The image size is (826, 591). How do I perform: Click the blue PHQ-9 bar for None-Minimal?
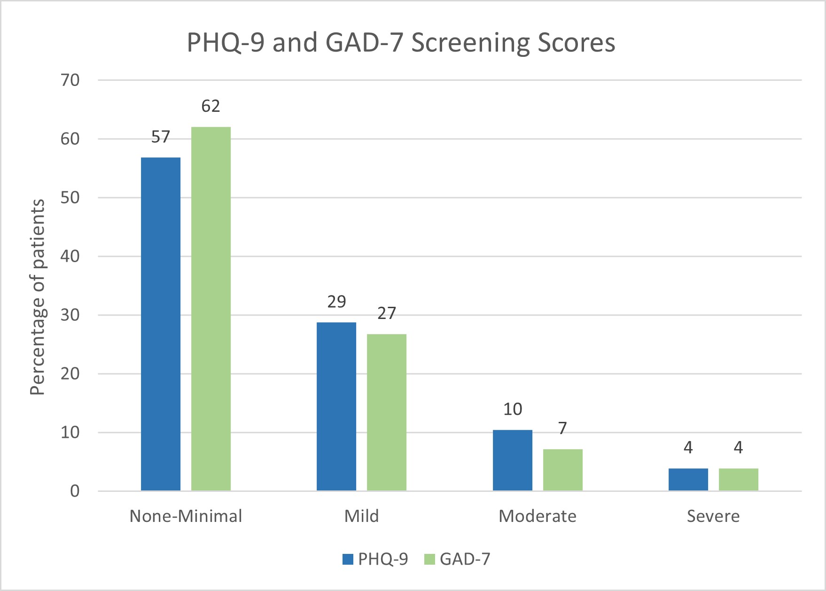coord(161,324)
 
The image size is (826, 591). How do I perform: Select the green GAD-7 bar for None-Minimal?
coord(211,309)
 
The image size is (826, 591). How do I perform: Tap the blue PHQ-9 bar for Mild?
coord(336,406)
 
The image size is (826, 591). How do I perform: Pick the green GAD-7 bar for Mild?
coord(387,412)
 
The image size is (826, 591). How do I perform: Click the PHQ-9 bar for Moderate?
coord(513,460)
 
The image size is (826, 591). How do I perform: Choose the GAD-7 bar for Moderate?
coord(563,470)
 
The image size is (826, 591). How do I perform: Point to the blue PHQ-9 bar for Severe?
coord(688,480)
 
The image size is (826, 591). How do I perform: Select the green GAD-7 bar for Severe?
coord(739,480)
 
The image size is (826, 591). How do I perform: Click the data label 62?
coord(210,106)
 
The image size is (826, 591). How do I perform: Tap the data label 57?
coord(160,137)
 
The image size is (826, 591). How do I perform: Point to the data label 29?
coord(336,302)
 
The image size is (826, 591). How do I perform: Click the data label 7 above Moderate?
coord(562,428)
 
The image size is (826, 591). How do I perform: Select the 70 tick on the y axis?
coord(70,80)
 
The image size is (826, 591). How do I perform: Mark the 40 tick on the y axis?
coord(70,257)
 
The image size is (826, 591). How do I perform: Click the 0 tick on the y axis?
coord(75,491)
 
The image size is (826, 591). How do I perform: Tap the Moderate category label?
coord(538,516)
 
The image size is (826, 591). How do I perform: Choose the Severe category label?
coord(713,516)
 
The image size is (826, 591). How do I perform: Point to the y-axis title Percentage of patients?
coord(38,297)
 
